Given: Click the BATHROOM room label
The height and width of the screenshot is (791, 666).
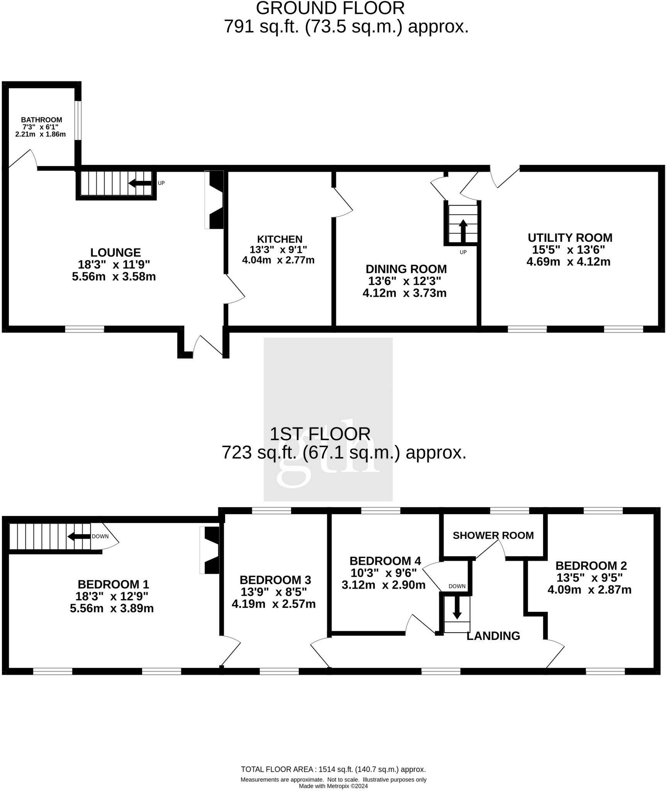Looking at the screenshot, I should click(41, 120).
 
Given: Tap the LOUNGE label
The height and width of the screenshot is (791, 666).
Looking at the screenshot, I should click(115, 253).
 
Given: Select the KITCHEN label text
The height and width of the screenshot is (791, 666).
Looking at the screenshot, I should click(280, 239).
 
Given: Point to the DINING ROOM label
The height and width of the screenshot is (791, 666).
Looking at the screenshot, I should click(406, 269).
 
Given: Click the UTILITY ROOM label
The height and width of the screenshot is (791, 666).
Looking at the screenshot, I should click(570, 238).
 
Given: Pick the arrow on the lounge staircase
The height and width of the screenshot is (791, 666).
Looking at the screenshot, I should click(140, 183).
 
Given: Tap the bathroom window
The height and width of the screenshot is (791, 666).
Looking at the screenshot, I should click(78, 120).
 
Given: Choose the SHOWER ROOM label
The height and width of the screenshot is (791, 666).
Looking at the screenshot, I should click(493, 536).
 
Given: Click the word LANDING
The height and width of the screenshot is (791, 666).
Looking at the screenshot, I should click(493, 636).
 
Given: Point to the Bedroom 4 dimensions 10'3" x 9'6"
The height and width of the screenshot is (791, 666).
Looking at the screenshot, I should click(383, 573).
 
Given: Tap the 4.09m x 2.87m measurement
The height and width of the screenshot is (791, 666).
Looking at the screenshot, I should click(589, 590).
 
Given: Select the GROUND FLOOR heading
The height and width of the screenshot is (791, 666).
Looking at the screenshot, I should click(330, 8).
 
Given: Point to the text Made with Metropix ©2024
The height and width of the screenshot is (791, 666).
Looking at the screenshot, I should click(333, 786).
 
